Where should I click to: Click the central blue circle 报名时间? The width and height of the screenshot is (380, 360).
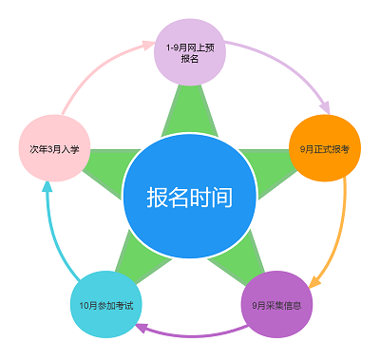(190, 197)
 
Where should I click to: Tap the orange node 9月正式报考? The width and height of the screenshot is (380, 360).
(325, 149)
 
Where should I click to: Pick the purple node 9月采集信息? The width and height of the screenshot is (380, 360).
(276, 305)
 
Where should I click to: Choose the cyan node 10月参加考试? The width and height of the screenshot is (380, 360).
(105, 305)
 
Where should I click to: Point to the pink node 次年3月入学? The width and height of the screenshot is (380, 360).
(53, 149)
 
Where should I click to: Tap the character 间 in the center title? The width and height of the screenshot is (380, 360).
(222, 198)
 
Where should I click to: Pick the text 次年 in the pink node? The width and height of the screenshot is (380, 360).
(36, 150)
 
